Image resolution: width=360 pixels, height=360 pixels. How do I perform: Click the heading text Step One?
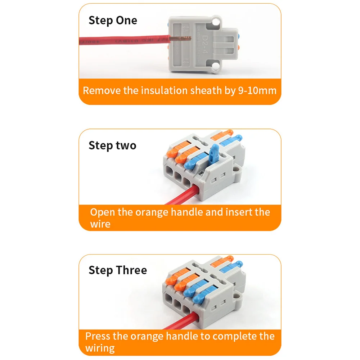point(113,21)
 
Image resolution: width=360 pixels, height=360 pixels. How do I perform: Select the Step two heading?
point(112,146)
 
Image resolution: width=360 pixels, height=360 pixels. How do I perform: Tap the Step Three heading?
point(118,270)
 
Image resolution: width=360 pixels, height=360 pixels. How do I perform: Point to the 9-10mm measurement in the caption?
point(257,90)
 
